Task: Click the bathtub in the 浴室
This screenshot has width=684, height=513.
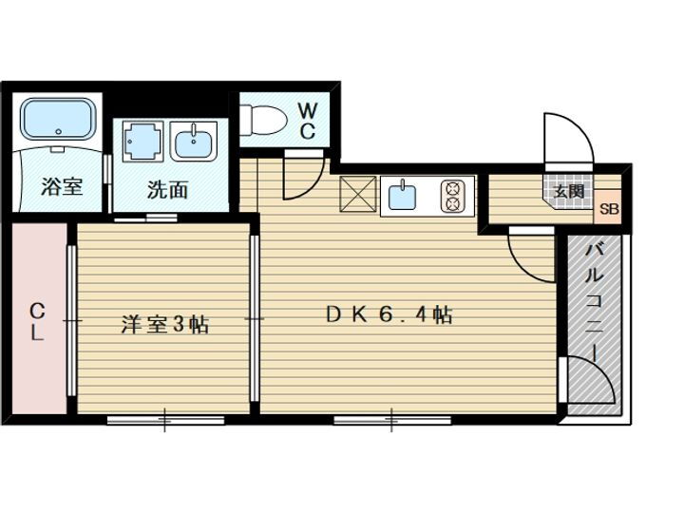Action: coord(58,120)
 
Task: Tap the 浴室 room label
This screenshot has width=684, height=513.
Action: coord(62,186)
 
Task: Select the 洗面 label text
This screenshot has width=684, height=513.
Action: coord(167,189)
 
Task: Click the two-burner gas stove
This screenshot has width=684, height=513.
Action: coord(454,196)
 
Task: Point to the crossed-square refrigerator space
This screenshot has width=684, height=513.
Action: coord(359,196)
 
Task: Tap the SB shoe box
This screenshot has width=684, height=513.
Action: coord(609,210)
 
